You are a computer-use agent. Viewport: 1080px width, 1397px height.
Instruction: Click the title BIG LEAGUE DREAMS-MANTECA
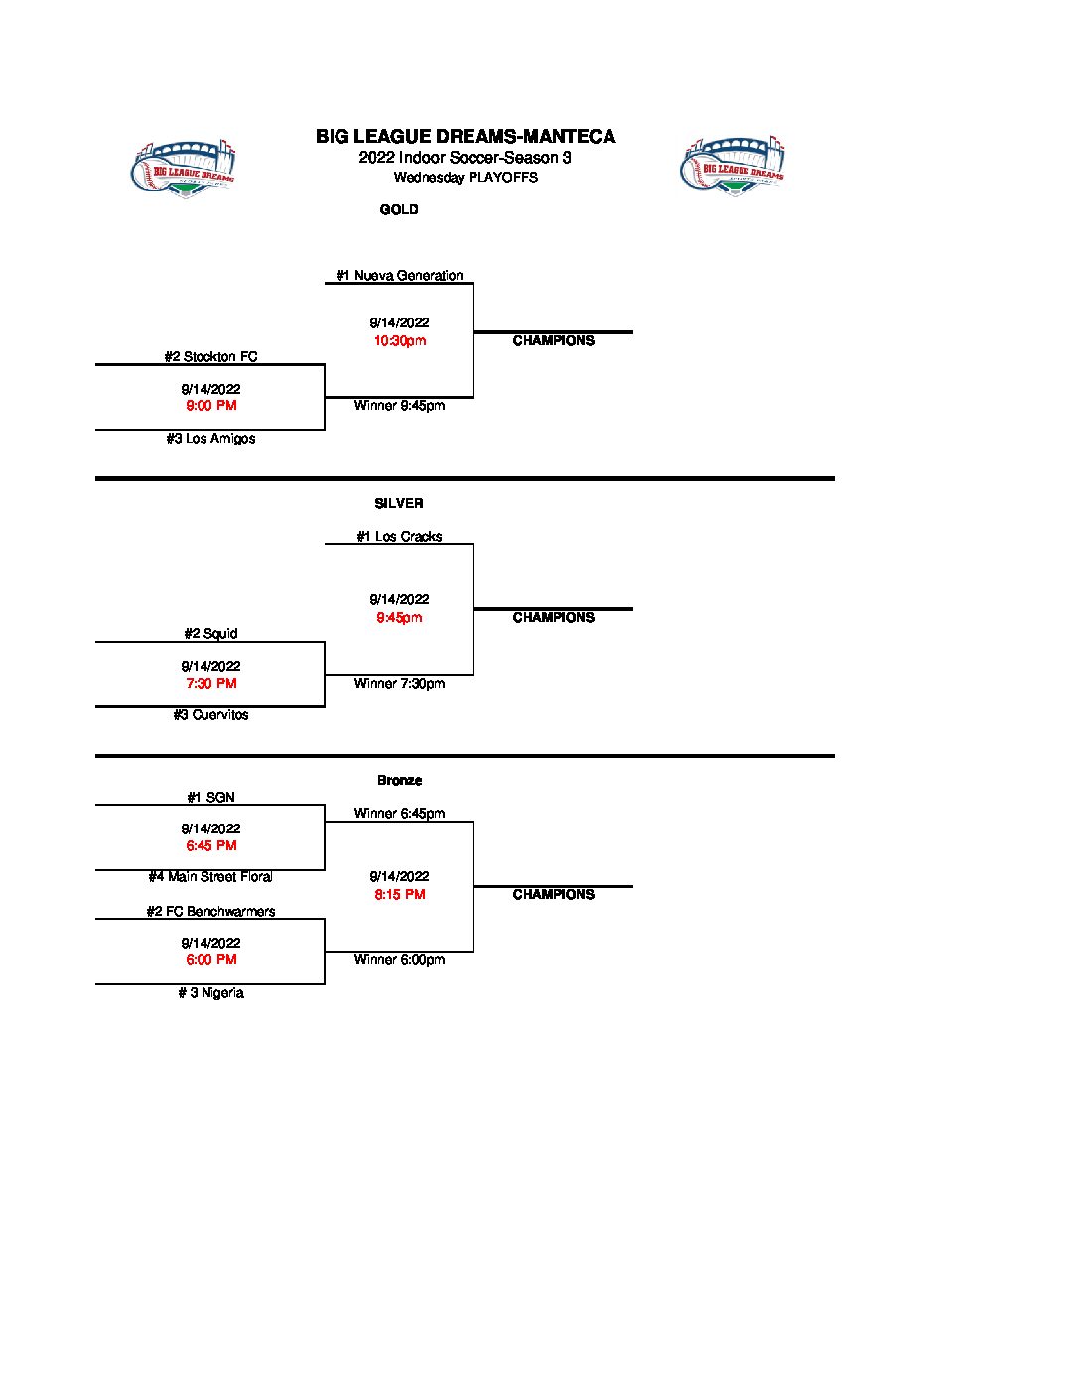coord(466,137)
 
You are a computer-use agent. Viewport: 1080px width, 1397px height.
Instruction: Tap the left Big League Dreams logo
coord(183,166)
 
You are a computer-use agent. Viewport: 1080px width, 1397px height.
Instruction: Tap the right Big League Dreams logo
coord(733,166)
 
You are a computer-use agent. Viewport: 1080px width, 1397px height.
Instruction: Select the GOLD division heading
coord(399,209)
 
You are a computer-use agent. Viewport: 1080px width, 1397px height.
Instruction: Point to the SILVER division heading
coord(399,503)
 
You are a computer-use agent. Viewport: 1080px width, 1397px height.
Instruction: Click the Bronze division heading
coord(399,780)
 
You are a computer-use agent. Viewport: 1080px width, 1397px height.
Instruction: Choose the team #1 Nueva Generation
coord(399,276)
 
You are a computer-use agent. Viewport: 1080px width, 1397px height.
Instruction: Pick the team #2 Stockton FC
coord(210,356)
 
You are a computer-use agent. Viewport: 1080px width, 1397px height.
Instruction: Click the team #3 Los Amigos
coord(210,438)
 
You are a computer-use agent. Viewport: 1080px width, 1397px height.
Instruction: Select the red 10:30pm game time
coord(399,341)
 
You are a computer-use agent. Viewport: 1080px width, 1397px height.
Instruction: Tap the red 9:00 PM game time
coord(210,406)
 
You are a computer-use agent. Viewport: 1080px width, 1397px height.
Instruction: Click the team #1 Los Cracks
coord(399,536)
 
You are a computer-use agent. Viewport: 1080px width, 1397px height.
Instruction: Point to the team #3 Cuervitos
coord(210,714)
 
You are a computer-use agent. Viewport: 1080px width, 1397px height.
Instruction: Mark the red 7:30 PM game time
coord(210,683)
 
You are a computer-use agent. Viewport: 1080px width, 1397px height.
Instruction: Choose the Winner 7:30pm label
coord(399,683)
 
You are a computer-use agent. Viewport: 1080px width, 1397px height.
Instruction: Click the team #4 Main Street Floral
coord(210,876)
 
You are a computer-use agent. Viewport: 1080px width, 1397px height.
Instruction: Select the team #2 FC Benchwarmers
coord(210,911)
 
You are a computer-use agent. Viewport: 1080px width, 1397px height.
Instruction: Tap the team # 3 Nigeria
coord(210,992)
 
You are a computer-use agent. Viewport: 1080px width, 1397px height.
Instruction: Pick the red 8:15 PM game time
coord(399,894)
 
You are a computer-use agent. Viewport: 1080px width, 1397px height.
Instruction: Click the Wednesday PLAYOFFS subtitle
coord(466,178)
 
